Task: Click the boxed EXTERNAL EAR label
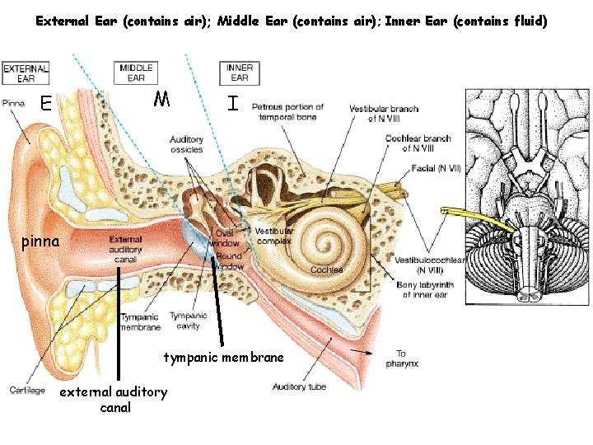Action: coord(26,73)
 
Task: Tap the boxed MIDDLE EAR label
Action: coord(136,73)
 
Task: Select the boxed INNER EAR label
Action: coord(239,73)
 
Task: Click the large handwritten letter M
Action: coord(162,101)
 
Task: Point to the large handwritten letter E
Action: coord(46,103)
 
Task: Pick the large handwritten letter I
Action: coord(235,104)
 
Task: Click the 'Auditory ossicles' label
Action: coord(187,144)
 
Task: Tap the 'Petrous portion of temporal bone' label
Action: coord(287,112)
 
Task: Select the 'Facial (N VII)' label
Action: coord(437,169)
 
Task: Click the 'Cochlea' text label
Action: coord(326,269)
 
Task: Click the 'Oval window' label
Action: coord(226,238)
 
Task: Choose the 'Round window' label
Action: coord(229,261)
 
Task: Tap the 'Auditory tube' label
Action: coord(299,386)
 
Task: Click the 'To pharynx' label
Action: coord(401,358)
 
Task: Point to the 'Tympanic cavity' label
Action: coord(188,320)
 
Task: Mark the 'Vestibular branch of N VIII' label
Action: coord(384,114)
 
